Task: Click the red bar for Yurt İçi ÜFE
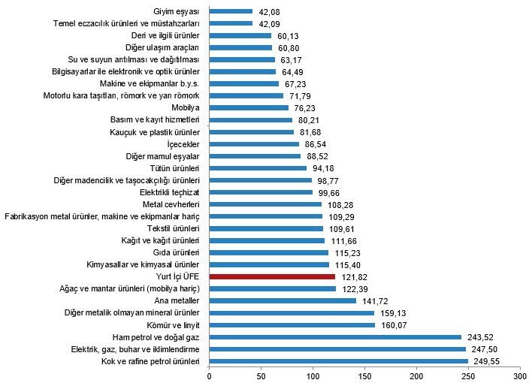pyautogui.click(x=272, y=276)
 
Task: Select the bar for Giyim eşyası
pyautogui.click(x=231, y=11)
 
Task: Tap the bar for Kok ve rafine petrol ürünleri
pyautogui.click(x=338, y=361)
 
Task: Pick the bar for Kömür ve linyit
pyautogui.click(x=292, y=325)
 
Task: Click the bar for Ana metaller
pyautogui.click(x=283, y=300)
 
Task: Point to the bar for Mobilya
pyautogui.click(x=249, y=107)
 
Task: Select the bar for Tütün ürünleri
pyautogui.click(x=258, y=167)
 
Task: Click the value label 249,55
pyautogui.click(x=488, y=361)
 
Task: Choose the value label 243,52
pyautogui.click(x=482, y=337)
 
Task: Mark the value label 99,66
pyautogui.click(x=332, y=192)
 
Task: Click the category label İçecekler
pyautogui.click(x=183, y=143)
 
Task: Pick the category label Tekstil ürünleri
pyautogui.click(x=174, y=228)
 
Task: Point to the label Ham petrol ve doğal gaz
pyautogui.click(x=155, y=337)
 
